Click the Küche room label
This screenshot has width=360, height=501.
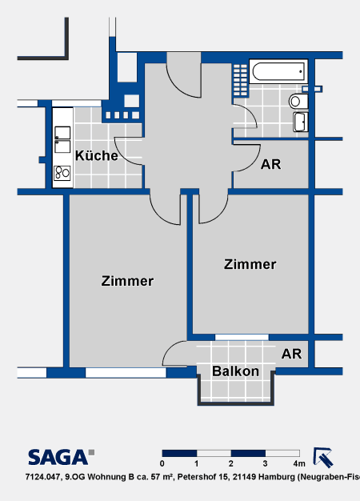tap(97, 155)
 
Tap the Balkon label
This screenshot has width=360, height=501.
tap(235, 371)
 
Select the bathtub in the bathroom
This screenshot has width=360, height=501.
tap(278, 71)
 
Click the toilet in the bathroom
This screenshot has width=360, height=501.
tap(298, 102)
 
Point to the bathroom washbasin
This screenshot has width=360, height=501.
tap(301, 122)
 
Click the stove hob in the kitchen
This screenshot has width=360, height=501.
tap(62, 173)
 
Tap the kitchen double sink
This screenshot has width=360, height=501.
tap(62, 139)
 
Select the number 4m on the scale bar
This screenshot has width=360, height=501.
tap(298, 463)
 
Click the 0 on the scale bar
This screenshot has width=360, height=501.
tap(162, 463)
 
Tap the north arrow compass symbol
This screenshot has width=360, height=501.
tap(323, 458)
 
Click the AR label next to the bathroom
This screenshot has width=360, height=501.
tap(271, 164)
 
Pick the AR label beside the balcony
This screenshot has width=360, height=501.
tap(291, 354)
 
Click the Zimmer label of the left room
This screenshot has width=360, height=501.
tap(127, 281)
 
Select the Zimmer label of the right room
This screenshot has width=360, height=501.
tap(250, 264)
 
